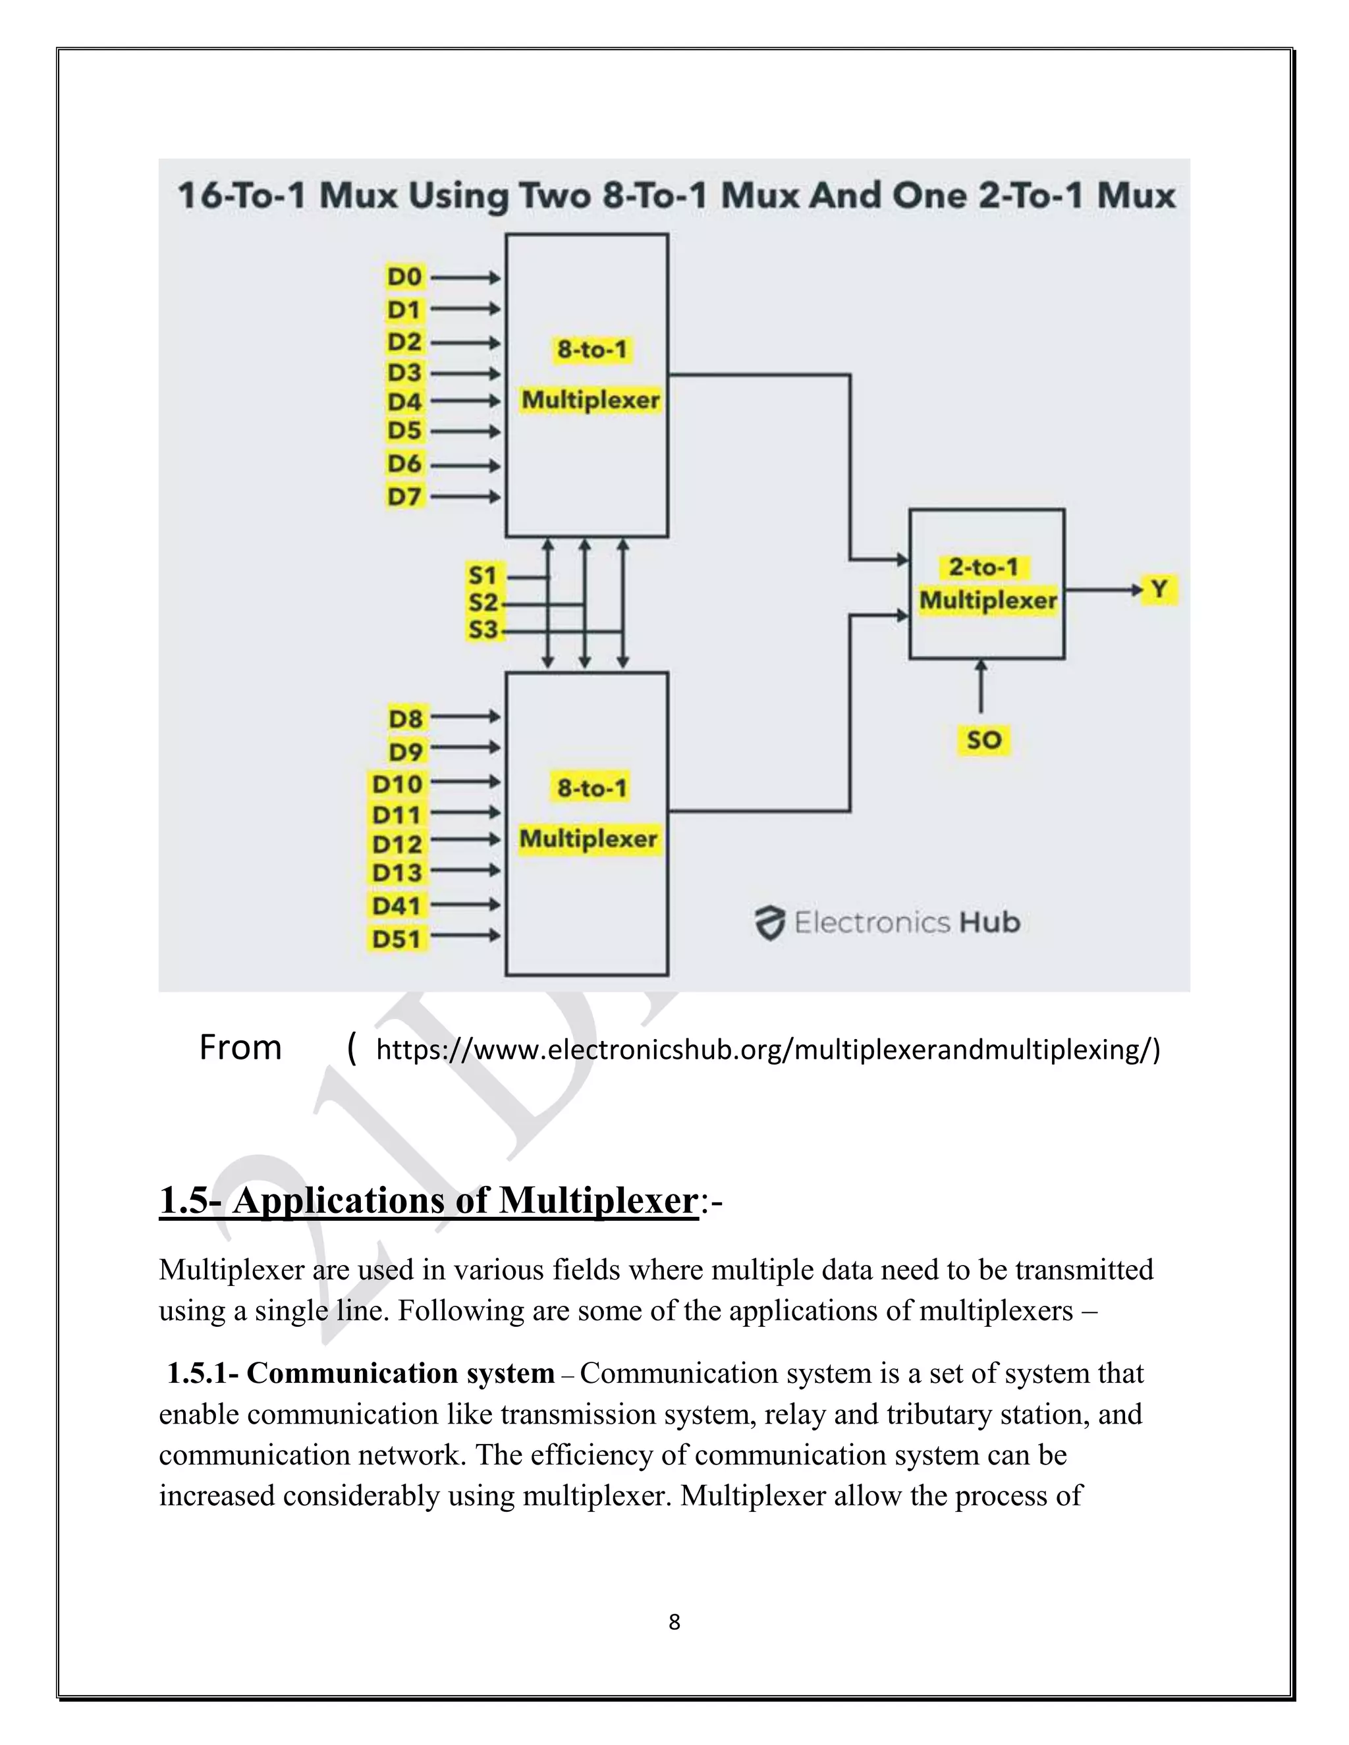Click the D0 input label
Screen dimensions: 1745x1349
404,277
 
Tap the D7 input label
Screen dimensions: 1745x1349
404,497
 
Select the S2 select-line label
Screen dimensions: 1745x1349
483,603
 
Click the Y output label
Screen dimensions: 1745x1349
1159,589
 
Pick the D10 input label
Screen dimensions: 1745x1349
397,784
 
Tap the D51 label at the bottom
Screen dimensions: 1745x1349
397,939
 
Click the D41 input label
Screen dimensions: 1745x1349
397,906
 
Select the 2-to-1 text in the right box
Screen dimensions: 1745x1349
984,567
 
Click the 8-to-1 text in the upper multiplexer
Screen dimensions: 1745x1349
592,349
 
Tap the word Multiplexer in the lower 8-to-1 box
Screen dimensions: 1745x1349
589,839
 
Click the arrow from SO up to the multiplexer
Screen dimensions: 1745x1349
981,685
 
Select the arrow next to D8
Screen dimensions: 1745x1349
465,718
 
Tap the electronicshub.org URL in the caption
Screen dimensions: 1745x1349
767,1049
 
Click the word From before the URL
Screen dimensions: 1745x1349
240,1048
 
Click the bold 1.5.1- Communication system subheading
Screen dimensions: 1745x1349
360,1373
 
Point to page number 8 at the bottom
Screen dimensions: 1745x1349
674,1622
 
